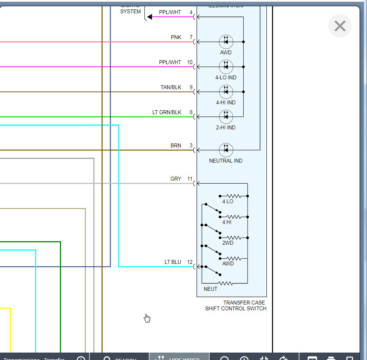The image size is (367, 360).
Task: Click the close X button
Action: click(340, 26)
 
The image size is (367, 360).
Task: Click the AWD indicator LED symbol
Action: click(226, 41)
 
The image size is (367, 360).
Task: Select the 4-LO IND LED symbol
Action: click(226, 67)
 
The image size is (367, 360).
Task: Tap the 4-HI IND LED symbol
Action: click(226, 92)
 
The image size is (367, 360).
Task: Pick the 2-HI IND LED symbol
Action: click(226, 116)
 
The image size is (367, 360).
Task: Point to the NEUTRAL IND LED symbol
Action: click(226, 150)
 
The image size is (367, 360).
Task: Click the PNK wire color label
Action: click(176, 37)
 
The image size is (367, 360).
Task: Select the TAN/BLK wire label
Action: click(171, 87)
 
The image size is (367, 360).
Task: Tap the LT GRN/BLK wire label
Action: click(167, 112)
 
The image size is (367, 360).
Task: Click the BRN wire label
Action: click(176, 145)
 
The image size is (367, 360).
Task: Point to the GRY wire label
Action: click(176, 179)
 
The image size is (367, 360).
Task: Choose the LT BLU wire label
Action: click(173, 262)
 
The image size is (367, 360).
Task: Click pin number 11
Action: click(190, 179)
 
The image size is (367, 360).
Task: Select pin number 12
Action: click(190, 262)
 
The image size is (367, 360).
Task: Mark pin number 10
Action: click(190, 62)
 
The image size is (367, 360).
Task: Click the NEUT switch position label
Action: click(210, 289)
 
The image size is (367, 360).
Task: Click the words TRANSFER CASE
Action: click(244, 303)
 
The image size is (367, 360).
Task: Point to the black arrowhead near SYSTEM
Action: click(150, 17)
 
